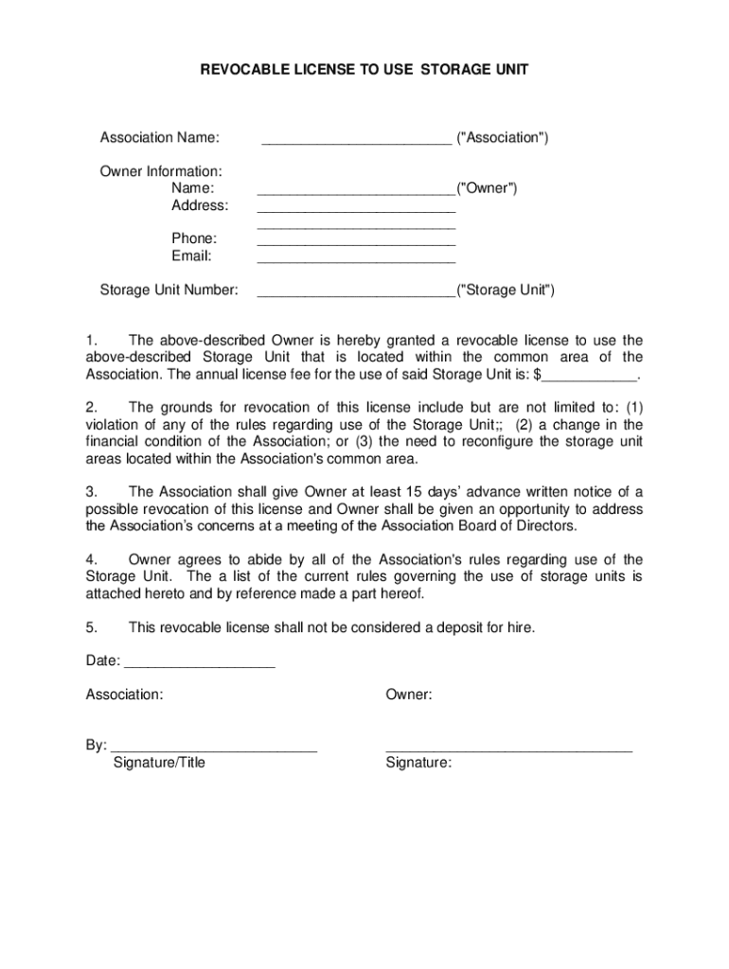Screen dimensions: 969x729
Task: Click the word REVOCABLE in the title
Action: pos(241,69)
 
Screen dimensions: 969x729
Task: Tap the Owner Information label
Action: pos(161,171)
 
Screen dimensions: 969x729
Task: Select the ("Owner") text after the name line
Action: pos(487,188)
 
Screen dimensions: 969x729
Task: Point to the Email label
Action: pos(191,255)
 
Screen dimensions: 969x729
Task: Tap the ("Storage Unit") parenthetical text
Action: pos(506,290)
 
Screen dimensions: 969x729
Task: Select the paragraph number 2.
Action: pos(91,408)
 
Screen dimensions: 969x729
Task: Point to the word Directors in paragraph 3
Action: pos(544,525)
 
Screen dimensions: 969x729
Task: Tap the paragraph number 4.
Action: pos(91,559)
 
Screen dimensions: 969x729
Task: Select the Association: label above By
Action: pos(124,695)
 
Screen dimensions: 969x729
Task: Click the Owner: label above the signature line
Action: pos(409,695)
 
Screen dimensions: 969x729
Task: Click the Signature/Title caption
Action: pos(159,763)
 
